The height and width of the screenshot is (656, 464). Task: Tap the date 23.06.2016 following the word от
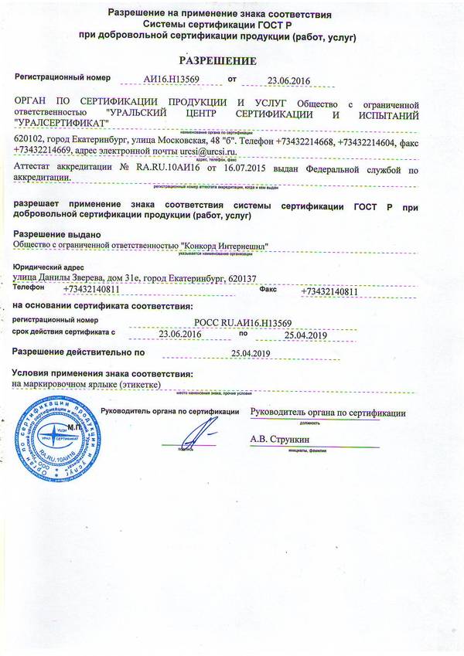(287, 80)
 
